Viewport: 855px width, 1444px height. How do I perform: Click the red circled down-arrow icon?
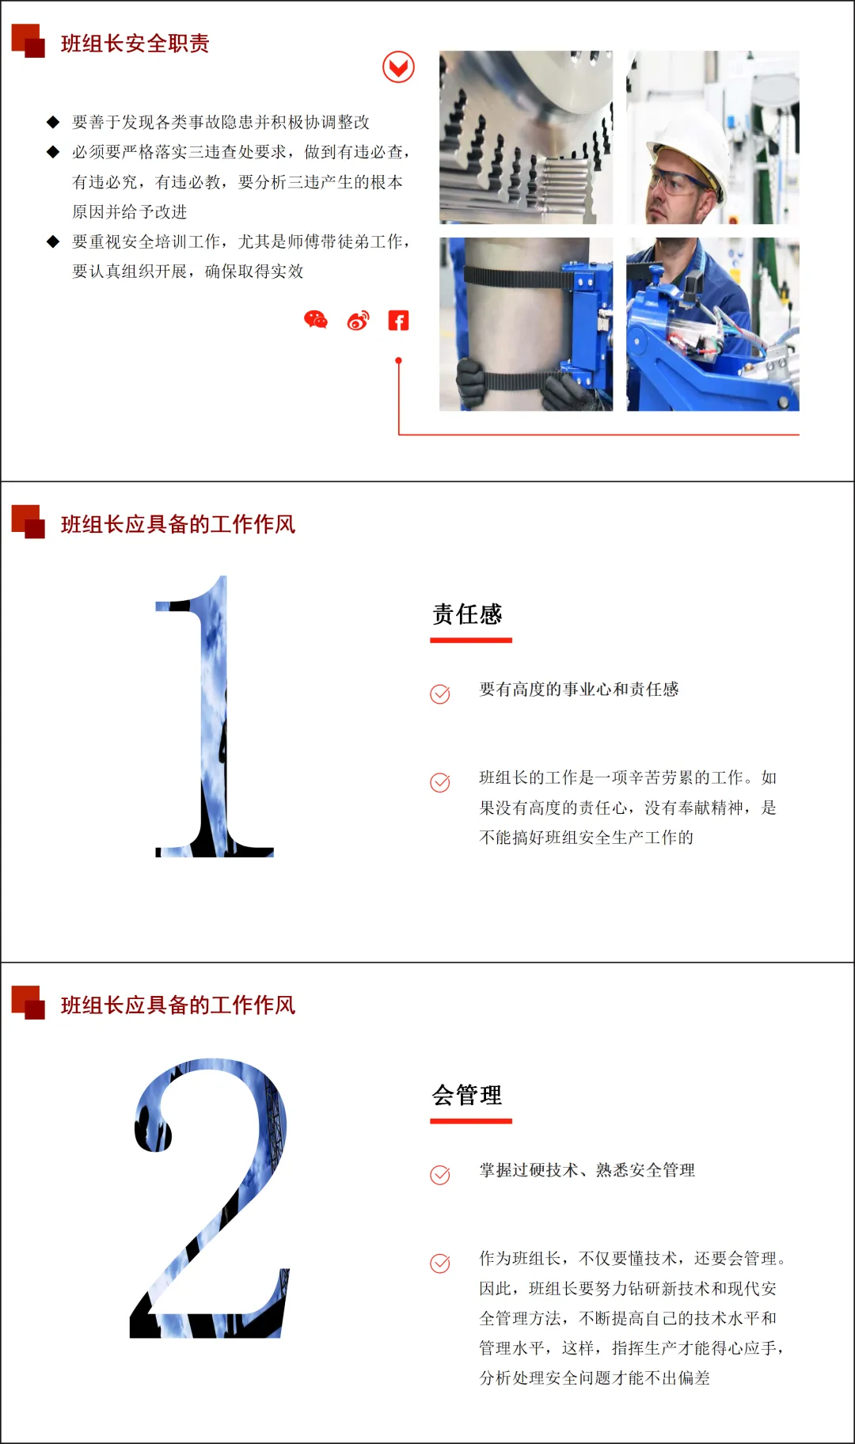point(398,67)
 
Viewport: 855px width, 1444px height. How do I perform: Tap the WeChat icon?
point(316,320)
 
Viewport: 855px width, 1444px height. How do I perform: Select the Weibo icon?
point(358,320)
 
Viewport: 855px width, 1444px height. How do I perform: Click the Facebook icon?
point(398,320)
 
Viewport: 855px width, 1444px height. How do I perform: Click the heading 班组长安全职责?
point(135,44)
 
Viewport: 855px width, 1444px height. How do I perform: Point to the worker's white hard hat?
point(690,146)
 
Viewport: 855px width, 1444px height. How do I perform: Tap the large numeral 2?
point(211,1198)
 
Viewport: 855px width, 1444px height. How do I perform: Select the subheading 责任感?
point(467,614)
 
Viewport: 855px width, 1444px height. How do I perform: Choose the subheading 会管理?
point(467,1096)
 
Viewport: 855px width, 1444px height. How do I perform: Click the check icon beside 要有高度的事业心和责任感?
point(440,693)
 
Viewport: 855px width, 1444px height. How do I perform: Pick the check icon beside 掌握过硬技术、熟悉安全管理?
point(440,1175)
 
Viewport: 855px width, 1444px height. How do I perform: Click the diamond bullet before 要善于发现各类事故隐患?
point(53,122)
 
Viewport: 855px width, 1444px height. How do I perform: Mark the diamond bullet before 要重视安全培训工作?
point(53,241)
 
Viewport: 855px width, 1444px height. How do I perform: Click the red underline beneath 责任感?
point(471,640)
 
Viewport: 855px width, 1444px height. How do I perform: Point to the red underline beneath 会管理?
point(471,1121)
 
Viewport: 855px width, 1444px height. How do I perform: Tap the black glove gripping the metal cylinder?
point(472,383)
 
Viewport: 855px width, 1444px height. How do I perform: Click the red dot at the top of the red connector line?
point(398,360)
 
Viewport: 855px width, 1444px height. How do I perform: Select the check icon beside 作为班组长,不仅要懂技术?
point(440,1263)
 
